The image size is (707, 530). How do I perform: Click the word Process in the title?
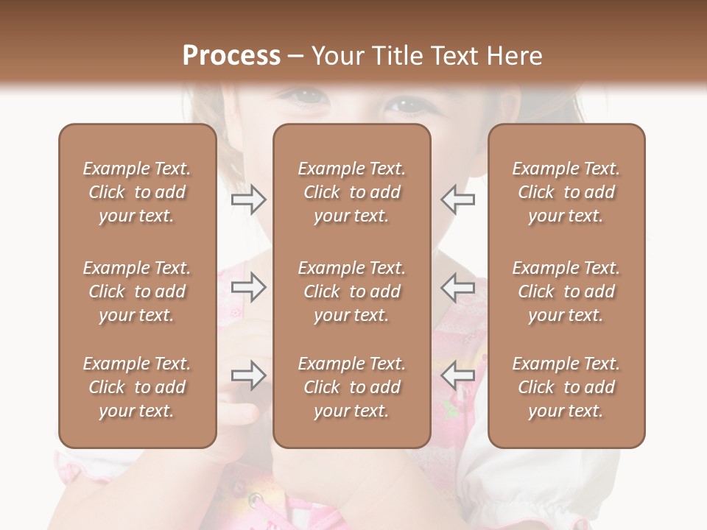[231, 56]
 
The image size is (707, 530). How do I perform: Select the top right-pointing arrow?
[249, 199]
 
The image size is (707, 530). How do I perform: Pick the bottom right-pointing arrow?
[249, 375]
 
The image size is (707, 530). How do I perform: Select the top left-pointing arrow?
[457, 199]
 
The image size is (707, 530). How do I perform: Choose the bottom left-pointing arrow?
[457, 375]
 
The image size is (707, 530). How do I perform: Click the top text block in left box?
[137, 192]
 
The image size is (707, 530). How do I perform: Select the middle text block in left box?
[137, 291]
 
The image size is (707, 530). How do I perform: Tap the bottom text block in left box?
[137, 387]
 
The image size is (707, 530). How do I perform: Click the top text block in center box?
[351, 192]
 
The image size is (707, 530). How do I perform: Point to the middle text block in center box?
[351, 291]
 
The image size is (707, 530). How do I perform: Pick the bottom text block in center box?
[351, 387]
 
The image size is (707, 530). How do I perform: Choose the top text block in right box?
[566, 192]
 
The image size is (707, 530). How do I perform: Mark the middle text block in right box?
[566, 291]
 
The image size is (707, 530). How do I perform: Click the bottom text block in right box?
[566, 387]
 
